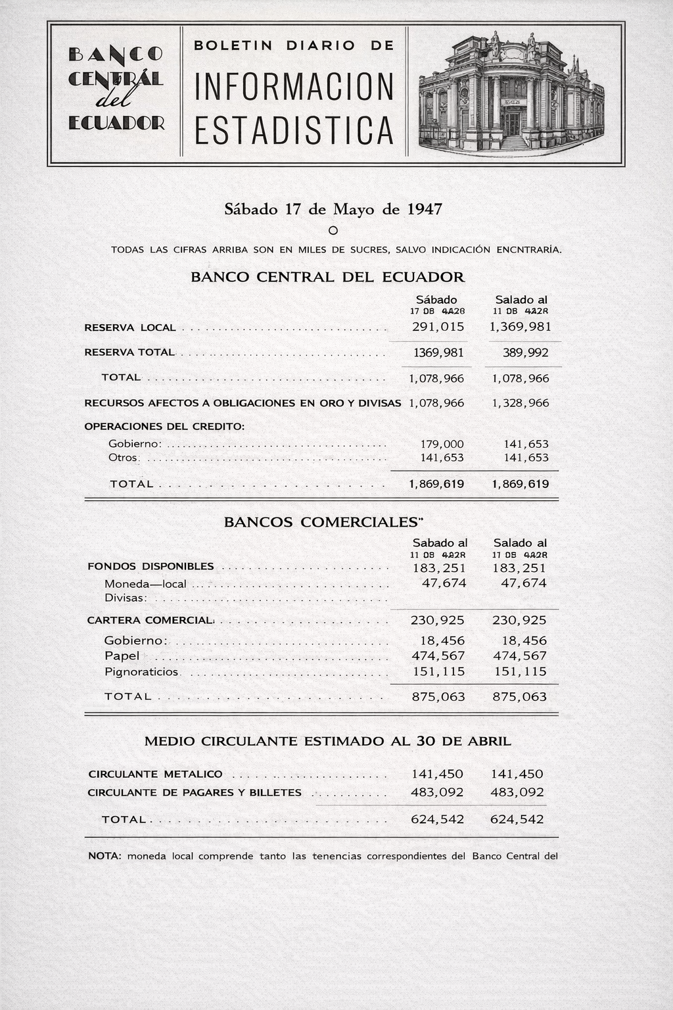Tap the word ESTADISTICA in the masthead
point(294,130)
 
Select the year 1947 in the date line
point(425,209)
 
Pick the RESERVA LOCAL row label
point(130,327)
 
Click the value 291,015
point(438,327)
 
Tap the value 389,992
point(525,353)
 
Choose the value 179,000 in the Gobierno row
point(442,445)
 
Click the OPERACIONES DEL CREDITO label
point(164,426)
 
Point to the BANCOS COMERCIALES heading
point(323,523)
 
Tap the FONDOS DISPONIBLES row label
point(151,567)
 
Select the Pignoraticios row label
point(141,672)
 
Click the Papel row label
point(122,656)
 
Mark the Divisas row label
point(126,598)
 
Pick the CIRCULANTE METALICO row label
point(155,775)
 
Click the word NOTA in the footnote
point(104,856)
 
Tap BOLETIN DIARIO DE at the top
point(294,45)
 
